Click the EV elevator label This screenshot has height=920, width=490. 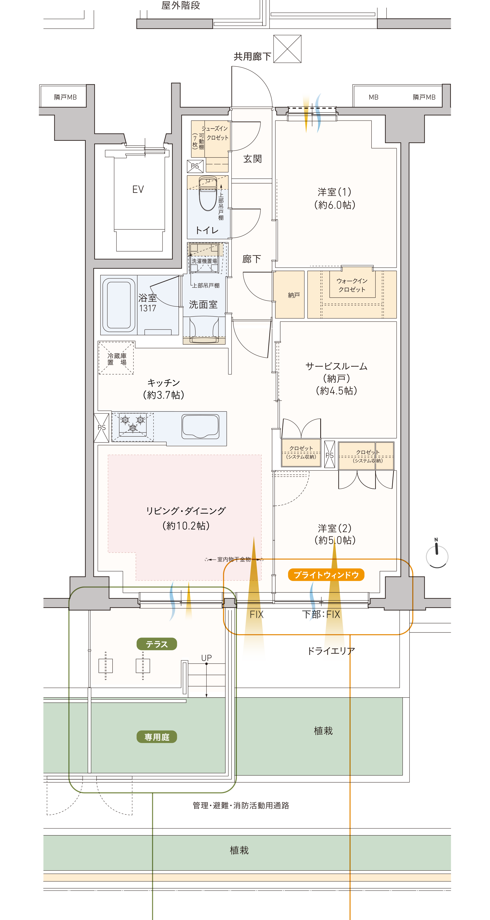[138, 189]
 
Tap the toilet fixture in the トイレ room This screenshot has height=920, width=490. [208, 193]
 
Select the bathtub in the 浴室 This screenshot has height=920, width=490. [119, 305]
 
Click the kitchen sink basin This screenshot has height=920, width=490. [200, 426]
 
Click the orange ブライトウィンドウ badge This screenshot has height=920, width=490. [326, 575]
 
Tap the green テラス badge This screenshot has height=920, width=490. [157, 644]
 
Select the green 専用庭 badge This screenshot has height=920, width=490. [157, 737]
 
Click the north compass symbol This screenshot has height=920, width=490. [437, 555]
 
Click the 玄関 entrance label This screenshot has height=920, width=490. [252, 159]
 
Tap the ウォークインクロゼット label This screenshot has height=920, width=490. [352, 285]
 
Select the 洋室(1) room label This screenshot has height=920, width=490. [335, 198]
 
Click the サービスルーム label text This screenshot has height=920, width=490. [336, 366]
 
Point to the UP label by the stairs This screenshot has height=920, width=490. [206, 658]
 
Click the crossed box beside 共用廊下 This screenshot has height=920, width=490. [287, 49]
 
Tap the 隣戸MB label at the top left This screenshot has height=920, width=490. [65, 97]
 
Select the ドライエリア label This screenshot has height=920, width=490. [331, 651]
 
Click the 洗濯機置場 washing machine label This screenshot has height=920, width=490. [204, 261]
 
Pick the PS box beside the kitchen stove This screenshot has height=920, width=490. [101, 428]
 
